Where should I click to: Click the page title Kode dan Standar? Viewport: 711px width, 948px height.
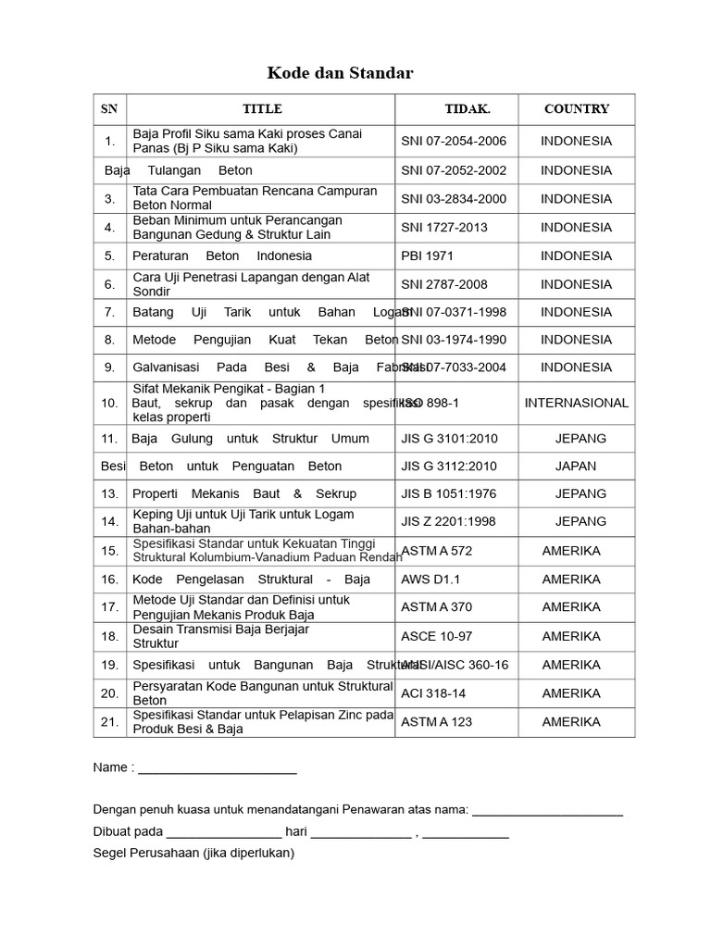[x=341, y=72]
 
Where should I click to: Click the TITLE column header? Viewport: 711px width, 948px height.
[x=262, y=109]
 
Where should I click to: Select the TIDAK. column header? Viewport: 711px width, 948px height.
[x=468, y=109]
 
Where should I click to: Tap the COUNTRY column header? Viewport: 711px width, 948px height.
[x=577, y=109]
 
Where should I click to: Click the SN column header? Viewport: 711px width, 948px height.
[x=109, y=109]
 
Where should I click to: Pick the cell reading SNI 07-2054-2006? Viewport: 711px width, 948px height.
[x=454, y=142]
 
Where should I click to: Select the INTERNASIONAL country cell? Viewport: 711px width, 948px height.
[x=577, y=403]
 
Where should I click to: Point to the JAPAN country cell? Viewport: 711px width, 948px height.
[x=576, y=466]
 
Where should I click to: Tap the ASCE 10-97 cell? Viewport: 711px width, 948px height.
[x=436, y=636]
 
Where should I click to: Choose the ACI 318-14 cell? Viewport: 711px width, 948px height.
[x=433, y=693]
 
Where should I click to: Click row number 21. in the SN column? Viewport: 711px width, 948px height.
[x=110, y=722]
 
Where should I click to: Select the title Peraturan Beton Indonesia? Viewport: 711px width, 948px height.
[x=222, y=256]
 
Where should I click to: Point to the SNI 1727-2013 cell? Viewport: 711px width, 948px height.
[x=444, y=227]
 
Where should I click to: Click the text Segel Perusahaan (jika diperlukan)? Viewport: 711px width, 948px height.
[x=193, y=853]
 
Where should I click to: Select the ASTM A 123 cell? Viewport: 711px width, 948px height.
[x=436, y=722]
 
